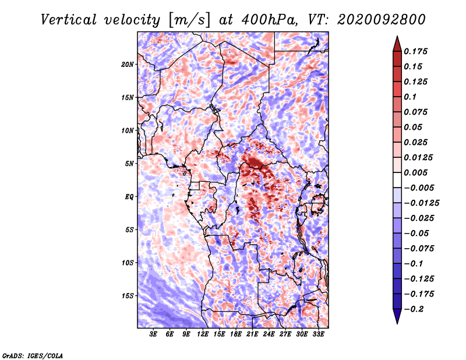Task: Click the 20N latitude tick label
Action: [x=128, y=65]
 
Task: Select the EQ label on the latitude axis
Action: [x=129, y=197]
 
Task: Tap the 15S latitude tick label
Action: [x=128, y=296]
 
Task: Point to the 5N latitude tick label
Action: [x=129, y=164]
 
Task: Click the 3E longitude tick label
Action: [x=153, y=334]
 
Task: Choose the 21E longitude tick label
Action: [x=252, y=334]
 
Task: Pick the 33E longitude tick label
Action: [x=318, y=334]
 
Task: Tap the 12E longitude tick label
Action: [x=203, y=334]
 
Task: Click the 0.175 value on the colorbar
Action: [x=416, y=51]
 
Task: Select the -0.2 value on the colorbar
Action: [x=414, y=309]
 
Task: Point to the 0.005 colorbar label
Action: [x=416, y=172]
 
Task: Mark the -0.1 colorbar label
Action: [x=414, y=264]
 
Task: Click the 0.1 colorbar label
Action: [x=410, y=97]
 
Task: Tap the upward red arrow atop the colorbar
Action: [x=397, y=44]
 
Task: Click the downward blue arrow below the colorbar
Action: [x=397, y=316]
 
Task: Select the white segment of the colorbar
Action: [x=397, y=180]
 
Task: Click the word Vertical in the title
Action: [x=69, y=20]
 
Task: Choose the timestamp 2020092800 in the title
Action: [x=382, y=20]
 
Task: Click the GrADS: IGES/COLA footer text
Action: [x=33, y=355]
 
